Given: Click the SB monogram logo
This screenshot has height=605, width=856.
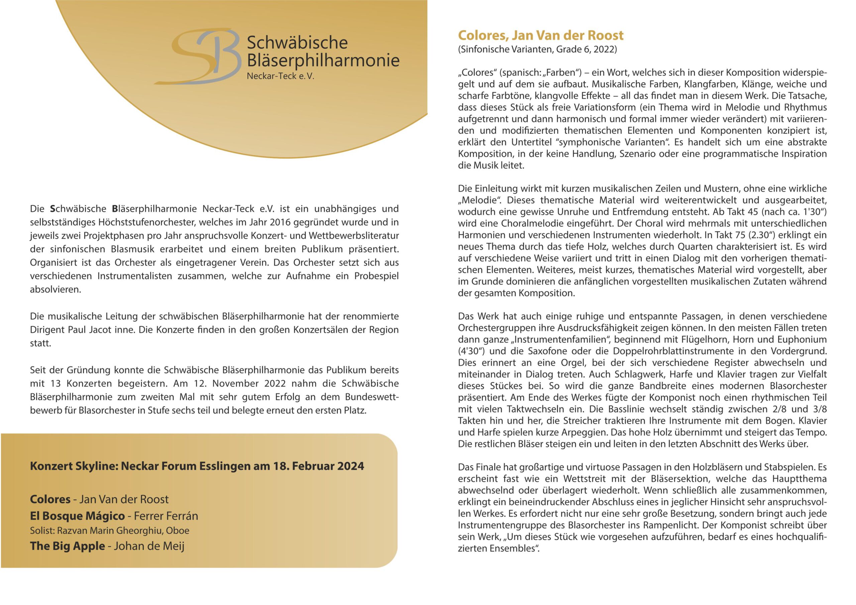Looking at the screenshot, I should [198, 57].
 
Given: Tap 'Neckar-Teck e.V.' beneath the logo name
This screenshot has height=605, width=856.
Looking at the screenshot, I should [280, 77].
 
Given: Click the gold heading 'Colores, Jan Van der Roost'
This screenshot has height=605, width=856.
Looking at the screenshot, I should [540, 35].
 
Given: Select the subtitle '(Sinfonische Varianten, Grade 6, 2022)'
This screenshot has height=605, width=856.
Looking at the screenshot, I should [537, 49].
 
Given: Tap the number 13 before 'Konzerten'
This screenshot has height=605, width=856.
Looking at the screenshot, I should [55, 384].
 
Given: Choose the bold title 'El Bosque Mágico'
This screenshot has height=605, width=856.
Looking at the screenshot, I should [77, 516].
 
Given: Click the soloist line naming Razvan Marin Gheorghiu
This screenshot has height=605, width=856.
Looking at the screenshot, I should [110, 530].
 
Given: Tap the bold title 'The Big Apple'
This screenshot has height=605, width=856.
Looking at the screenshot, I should [68, 546].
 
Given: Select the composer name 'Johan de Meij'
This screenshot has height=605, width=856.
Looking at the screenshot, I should [149, 546].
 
